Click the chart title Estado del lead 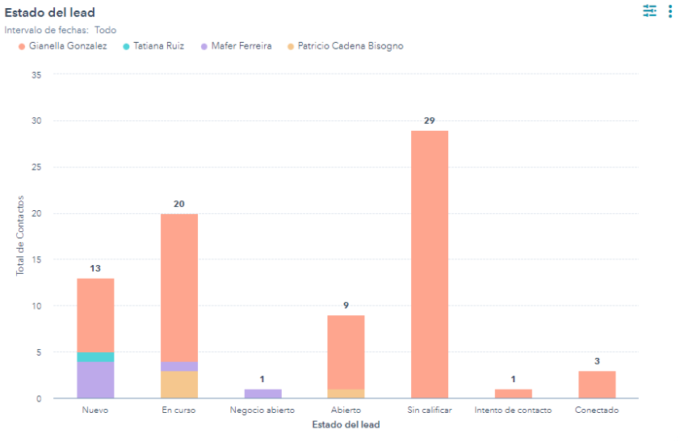click(50, 12)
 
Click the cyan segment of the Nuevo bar click(95, 356)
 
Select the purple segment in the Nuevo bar click(95, 380)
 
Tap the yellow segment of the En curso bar click(179, 385)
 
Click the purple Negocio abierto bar click(262, 394)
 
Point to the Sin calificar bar click(430, 264)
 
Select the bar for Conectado click(597, 385)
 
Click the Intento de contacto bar click(513, 394)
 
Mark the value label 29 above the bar click(430, 120)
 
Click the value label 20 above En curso click(179, 204)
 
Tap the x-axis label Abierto click(346, 410)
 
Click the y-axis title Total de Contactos click(21, 235)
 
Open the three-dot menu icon click(670, 11)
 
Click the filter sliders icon click(650, 11)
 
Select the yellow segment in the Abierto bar click(346, 394)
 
